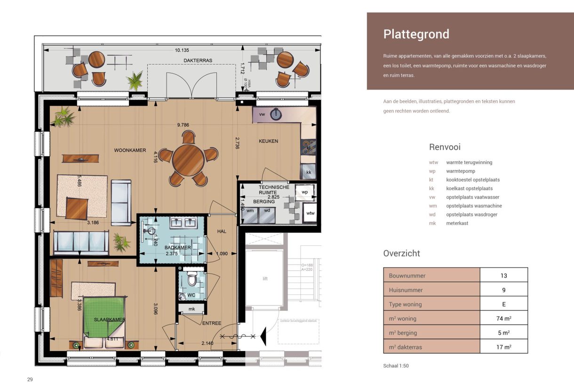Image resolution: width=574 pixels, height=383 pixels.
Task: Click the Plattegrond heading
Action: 416,34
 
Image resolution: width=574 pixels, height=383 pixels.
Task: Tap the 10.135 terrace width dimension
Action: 182,50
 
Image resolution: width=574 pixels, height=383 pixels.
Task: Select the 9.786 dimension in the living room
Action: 186,125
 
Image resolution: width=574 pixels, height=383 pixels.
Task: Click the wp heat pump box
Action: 304,192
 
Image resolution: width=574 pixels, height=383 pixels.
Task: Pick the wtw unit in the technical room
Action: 310,213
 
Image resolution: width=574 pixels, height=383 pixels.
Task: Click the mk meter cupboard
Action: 191,309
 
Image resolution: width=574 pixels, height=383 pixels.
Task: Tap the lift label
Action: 265,278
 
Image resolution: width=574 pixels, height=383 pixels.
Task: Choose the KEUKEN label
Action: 268,141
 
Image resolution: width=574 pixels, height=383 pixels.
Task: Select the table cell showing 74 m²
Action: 503,318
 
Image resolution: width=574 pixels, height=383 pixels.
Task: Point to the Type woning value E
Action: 503,304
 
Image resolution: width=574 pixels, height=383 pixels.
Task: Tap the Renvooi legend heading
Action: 445,147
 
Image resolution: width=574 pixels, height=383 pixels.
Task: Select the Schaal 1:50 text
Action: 396,366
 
